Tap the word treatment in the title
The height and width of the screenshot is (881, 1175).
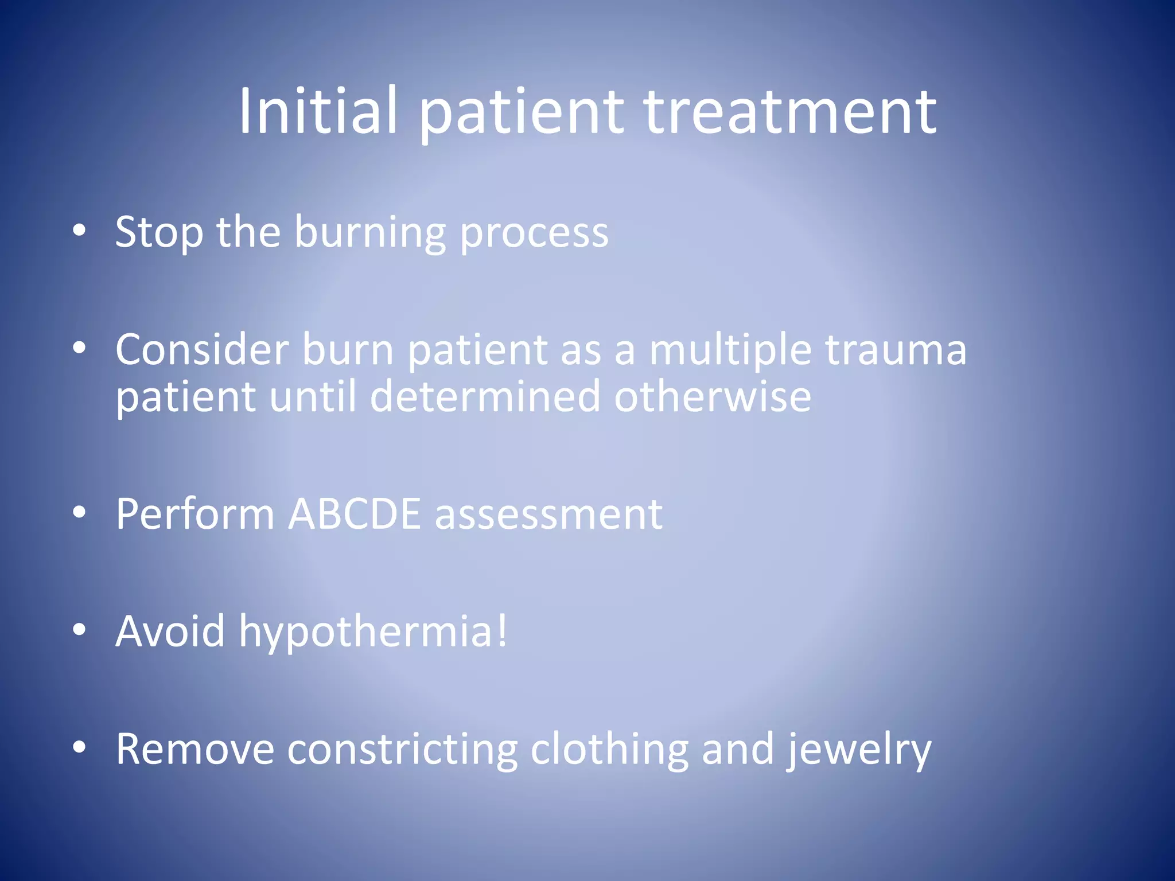pyautogui.click(x=791, y=111)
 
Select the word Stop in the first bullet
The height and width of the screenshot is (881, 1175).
pyautogui.click(x=159, y=232)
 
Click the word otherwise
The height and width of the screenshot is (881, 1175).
pyautogui.click(x=713, y=396)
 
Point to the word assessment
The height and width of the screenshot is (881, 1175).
pyautogui.click(x=548, y=514)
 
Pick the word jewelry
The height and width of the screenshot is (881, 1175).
pyautogui.click(x=858, y=750)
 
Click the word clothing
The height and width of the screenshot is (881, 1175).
pyautogui.click(x=609, y=749)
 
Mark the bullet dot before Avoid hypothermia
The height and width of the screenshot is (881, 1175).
pyautogui.click(x=79, y=629)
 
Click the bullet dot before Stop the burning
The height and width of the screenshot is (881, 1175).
pyautogui.click(x=79, y=231)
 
